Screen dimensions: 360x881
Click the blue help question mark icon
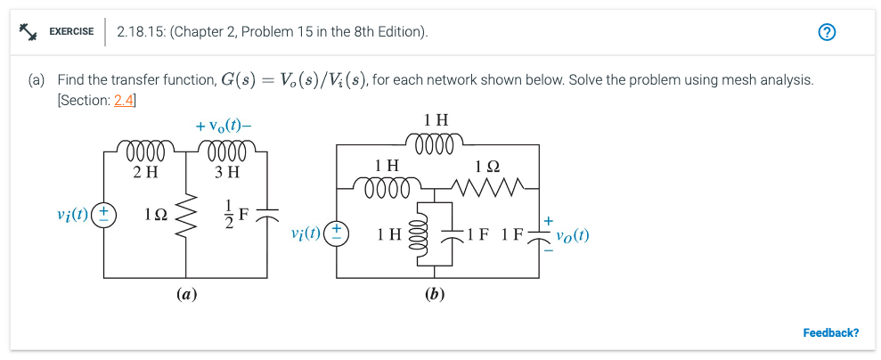[828, 33]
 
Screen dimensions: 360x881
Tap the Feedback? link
[830, 333]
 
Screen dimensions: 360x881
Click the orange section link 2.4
[124, 100]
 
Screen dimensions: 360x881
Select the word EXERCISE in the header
[71, 32]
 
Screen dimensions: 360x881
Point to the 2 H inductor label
[144, 172]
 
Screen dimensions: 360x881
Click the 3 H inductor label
[227, 172]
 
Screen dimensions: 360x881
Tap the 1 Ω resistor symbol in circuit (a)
[187, 215]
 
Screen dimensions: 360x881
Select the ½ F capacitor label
[235, 215]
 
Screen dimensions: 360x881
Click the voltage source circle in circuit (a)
[105, 215]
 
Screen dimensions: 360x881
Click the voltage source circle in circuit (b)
[338, 233]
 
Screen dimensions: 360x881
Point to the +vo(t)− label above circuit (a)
[224, 126]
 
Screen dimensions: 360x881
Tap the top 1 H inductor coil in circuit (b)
[436, 143]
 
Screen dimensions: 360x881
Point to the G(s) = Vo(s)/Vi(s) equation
[293, 80]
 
